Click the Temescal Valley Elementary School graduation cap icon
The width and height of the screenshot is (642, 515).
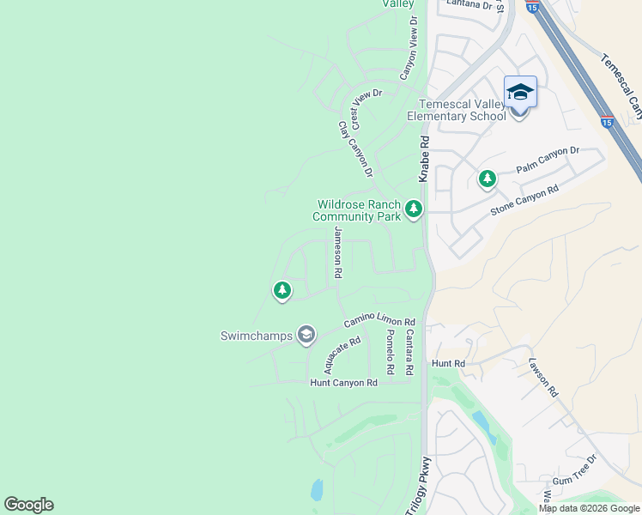tap(520, 91)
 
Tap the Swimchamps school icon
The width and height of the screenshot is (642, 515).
tap(306, 335)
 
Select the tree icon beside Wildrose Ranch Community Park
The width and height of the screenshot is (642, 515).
tap(414, 209)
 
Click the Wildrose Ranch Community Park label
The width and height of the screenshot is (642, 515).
tap(358, 210)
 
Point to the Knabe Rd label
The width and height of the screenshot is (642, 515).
tap(423, 157)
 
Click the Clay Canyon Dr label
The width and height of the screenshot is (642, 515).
tap(355, 149)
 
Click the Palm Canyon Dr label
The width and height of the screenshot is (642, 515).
tap(548, 160)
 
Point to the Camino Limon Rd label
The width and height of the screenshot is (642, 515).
tap(379, 320)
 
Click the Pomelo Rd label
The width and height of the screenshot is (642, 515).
tap(390, 352)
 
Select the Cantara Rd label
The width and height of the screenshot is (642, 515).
tap(409, 352)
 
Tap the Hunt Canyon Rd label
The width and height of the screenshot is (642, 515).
tap(343, 383)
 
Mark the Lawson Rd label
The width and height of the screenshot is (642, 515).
tap(543, 377)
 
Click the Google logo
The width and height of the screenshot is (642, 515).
tap(28, 505)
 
